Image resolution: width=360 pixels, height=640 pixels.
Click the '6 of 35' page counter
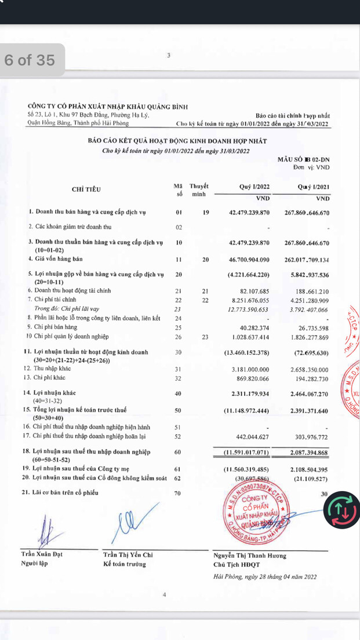tap(30, 60)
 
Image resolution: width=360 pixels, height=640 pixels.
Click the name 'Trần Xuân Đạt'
tap(41, 554)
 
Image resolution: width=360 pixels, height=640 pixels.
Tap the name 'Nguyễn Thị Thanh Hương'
tap(250, 555)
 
